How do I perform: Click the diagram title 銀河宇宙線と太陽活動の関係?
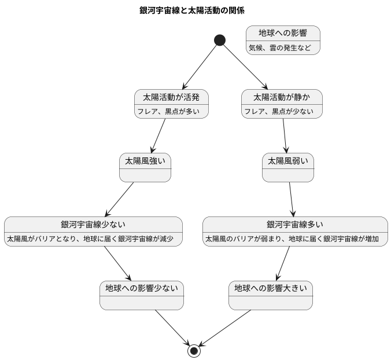(x=195, y=10)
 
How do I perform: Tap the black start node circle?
(x=219, y=40)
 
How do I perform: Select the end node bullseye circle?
(x=194, y=351)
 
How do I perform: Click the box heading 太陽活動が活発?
(x=171, y=97)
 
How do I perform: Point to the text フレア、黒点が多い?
(x=171, y=112)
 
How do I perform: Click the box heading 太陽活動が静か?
(x=281, y=97)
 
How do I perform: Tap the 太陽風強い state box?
(x=145, y=167)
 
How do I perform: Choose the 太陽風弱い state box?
(x=287, y=167)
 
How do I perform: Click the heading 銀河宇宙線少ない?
(x=93, y=224)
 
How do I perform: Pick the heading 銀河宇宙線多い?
(x=295, y=224)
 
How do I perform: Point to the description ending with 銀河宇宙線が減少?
(x=93, y=238)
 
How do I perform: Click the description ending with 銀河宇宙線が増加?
(x=295, y=238)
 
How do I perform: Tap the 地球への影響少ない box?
(x=141, y=295)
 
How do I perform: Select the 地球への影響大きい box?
(x=271, y=295)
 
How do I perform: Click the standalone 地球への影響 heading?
(x=282, y=33)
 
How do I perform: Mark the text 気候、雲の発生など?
(x=283, y=48)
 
